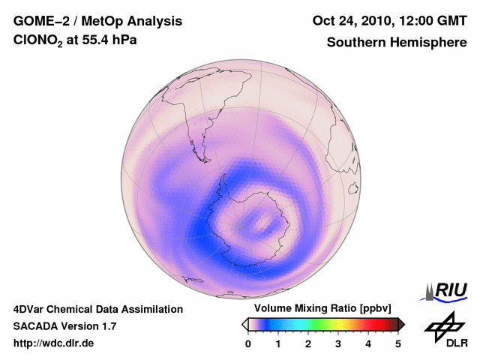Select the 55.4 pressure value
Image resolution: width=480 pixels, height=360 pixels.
(x=96, y=42)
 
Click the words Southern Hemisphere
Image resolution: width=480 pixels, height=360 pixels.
(x=397, y=43)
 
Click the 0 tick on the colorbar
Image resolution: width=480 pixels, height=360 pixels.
(x=248, y=343)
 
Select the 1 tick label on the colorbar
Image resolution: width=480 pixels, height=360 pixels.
(x=278, y=343)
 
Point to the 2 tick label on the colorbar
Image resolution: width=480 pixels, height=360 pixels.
(x=308, y=343)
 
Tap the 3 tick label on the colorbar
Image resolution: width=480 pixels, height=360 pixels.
(x=338, y=343)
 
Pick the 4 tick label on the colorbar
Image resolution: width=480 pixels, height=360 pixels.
(x=368, y=343)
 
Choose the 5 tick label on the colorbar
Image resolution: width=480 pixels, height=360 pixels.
(x=398, y=343)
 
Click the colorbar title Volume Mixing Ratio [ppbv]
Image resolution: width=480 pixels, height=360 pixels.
(x=319, y=309)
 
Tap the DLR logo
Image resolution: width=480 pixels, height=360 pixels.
(x=445, y=330)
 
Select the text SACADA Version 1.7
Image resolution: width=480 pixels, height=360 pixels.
(x=64, y=326)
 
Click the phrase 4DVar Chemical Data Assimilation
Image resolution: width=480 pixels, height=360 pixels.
(x=97, y=309)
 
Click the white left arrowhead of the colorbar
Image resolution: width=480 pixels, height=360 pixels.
(x=244, y=324)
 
